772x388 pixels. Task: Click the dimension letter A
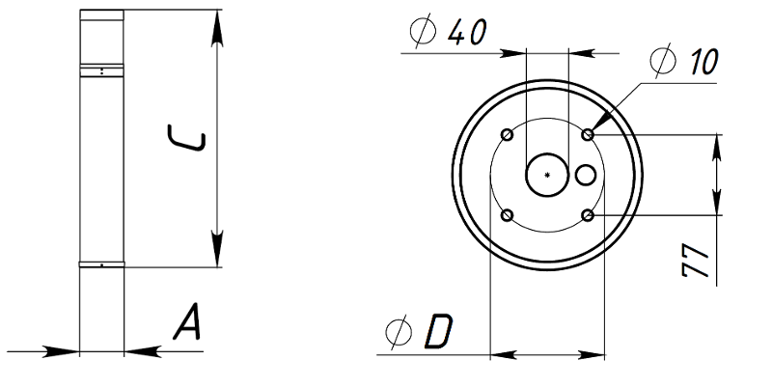click(187, 321)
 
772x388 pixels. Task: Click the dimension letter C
click(186, 138)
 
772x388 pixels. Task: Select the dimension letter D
click(439, 331)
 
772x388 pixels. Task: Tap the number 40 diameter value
click(467, 32)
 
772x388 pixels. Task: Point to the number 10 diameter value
click(703, 62)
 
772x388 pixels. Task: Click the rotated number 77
click(695, 260)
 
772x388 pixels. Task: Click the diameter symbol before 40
click(423, 31)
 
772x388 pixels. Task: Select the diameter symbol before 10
click(663, 60)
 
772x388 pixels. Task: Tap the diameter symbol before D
click(399, 332)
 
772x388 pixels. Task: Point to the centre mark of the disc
click(547, 175)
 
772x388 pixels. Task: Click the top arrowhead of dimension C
click(216, 29)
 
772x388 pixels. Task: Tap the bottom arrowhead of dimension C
click(216, 249)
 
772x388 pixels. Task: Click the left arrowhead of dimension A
click(62, 351)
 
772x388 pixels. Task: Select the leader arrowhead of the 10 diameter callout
click(599, 123)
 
